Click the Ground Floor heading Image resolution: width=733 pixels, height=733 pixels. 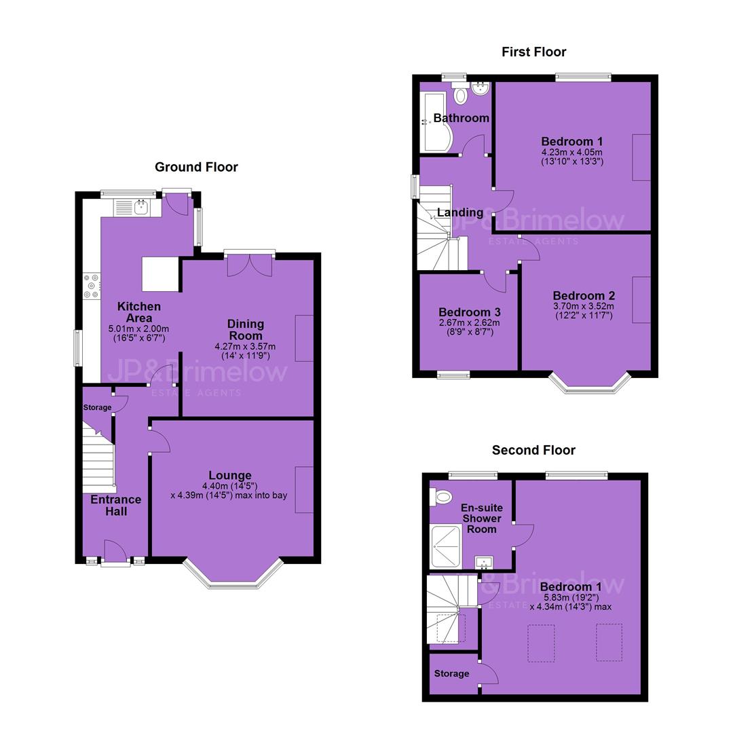pyautogui.click(x=196, y=167)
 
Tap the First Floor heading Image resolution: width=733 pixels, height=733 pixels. pyautogui.click(x=534, y=52)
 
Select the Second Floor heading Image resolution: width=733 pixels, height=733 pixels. pyautogui.click(x=533, y=450)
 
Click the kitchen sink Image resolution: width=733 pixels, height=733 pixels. pyautogui.click(x=141, y=206)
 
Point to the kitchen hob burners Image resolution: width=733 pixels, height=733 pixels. pyautogui.click(x=91, y=286)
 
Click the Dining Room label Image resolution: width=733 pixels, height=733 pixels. pyautogui.click(x=246, y=330)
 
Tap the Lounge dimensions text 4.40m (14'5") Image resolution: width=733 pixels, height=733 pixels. pyautogui.click(x=230, y=486)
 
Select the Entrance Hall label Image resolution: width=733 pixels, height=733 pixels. pyautogui.click(x=116, y=506)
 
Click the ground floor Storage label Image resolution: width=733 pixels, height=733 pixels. pyautogui.click(x=97, y=408)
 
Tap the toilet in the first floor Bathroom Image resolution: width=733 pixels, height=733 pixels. pyautogui.click(x=460, y=93)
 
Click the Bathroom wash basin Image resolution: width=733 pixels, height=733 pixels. pyautogui.click(x=480, y=88)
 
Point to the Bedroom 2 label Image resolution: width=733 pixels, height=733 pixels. pyautogui.click(x=584, y=295)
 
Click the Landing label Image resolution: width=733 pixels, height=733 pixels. pyautogui.click(x=460, y=212)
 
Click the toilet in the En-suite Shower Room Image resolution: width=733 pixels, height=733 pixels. pyautogui.click(x=441, y=496)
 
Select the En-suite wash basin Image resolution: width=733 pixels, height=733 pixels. pyautogui.click(x=484, y=563)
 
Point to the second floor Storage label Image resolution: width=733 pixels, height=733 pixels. pyautogui.click(x=451, y=674)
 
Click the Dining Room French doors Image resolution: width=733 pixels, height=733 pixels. pyautogui.click(x=250, y=265)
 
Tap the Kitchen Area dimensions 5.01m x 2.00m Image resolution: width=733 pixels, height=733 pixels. pyautogui.click(x=139, y=328)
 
